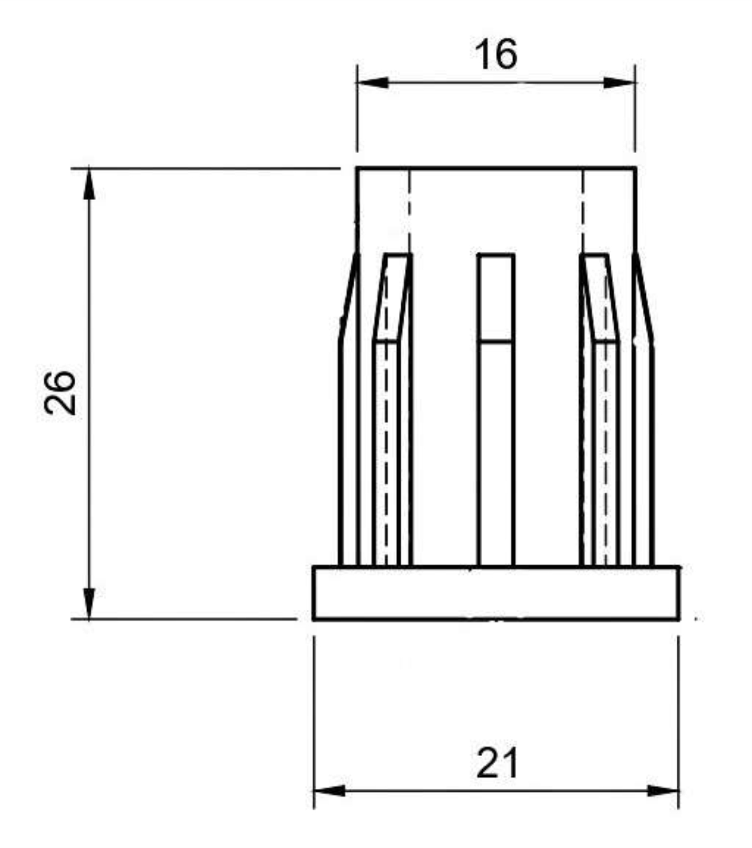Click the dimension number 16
point(496,54)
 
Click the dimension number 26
point(61,393)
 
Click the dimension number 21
point(497,763)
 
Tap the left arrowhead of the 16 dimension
point(373,83)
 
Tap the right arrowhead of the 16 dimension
point(619,83)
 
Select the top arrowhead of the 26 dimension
point(89,184)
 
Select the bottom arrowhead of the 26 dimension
point(89,603)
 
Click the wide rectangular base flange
point(496,593)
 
